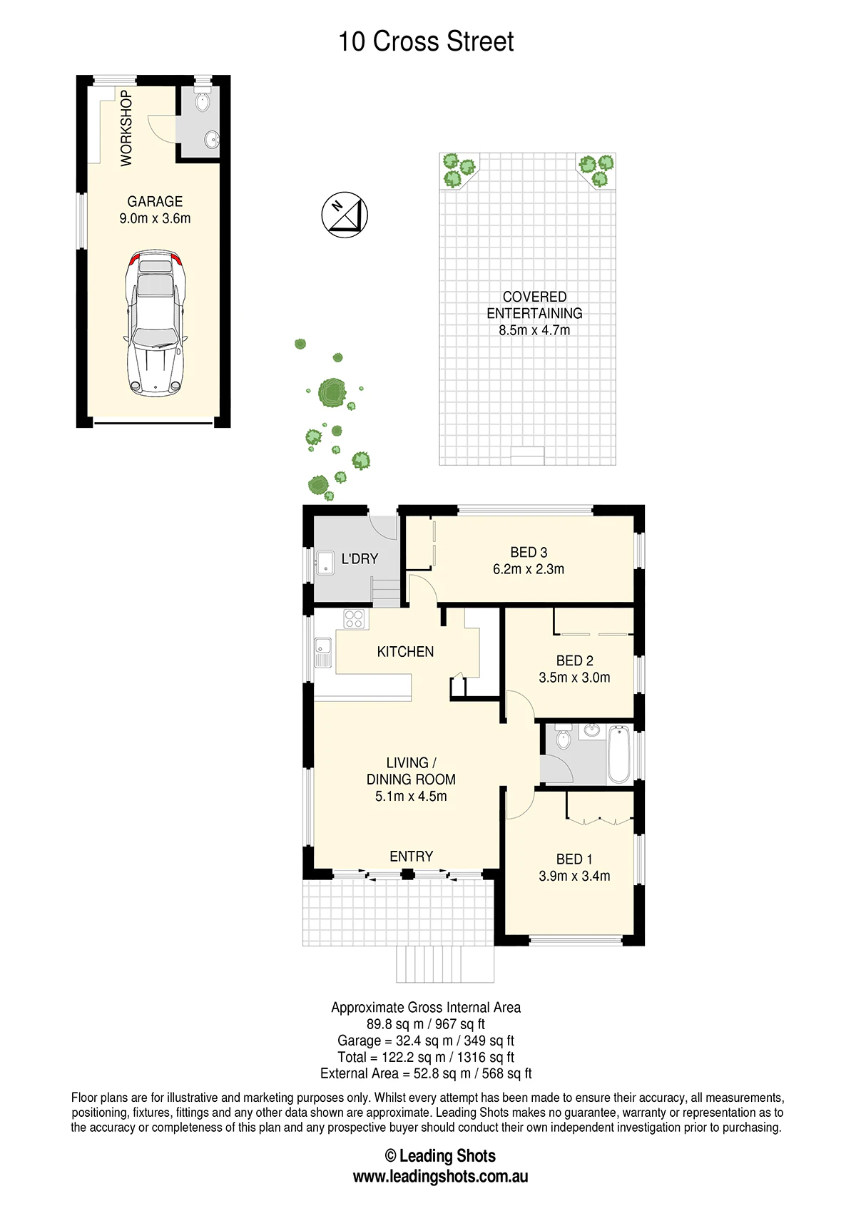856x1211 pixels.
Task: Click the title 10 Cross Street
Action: click(426, 41)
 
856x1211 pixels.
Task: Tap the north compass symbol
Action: click(345, 215)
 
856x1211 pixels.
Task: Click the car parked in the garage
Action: click(156, 323)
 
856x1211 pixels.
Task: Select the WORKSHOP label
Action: click(126, 128)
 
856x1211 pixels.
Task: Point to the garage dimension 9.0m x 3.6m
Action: click(156, 218)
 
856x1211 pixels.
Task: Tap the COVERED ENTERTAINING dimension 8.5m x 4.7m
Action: click(534, 329)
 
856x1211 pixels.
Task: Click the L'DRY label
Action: click(360, 558)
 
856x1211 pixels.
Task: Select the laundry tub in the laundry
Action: click(325, 563)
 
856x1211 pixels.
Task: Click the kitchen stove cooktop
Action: click(355, 619)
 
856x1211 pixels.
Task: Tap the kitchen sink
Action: click(323, 653)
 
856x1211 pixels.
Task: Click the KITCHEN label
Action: click(406, 651)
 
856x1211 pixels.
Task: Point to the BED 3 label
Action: click(529, 552)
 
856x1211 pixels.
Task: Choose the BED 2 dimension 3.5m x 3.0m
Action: click(574, 678)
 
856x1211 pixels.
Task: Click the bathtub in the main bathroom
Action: click(619, 755)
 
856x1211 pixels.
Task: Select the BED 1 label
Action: click(574, 859)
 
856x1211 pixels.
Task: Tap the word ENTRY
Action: click(412, 857)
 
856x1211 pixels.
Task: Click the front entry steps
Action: click(445, 964)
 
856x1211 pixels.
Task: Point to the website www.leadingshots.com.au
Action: click(440, 1176)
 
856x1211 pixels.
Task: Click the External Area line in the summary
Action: click(426, 1073)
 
